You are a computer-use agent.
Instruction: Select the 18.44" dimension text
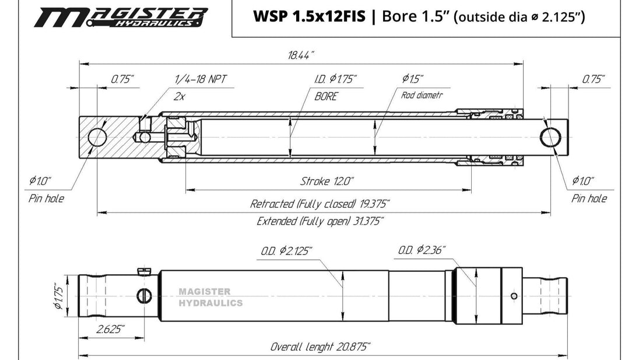click(x=301, y=55)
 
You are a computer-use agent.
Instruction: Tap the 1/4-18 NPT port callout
click(x=201, y=79)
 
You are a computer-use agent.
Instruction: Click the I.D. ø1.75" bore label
click(x=335, y=79)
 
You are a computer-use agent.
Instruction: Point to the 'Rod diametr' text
click(x=422, y=96)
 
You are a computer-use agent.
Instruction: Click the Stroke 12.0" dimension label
click(x=327, y=181)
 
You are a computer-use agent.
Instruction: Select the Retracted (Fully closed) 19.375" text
click(x=320, y=204)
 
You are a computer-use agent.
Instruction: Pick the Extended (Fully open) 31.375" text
click(x=320, y=221)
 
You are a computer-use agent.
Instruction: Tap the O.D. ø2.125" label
click(x=286, y=251)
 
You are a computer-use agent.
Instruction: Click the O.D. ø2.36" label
click(x=422, y=250)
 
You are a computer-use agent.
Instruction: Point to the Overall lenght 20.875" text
click(x=320, y=347)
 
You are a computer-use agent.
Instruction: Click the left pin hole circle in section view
click(x=97, y=137)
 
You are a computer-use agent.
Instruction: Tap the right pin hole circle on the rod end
click(x=550, y=137)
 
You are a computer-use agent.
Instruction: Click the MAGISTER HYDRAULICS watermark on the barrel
click(x=210, y=297)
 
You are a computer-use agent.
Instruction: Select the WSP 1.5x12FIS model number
click(x=310, y=17)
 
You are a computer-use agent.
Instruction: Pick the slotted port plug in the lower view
click(x=144, y=296)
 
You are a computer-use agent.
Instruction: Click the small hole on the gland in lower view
click(x=514, y=296)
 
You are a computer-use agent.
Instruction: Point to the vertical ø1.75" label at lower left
click(x=59, y=297)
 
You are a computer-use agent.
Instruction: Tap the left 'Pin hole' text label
click(x=46, y=198)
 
